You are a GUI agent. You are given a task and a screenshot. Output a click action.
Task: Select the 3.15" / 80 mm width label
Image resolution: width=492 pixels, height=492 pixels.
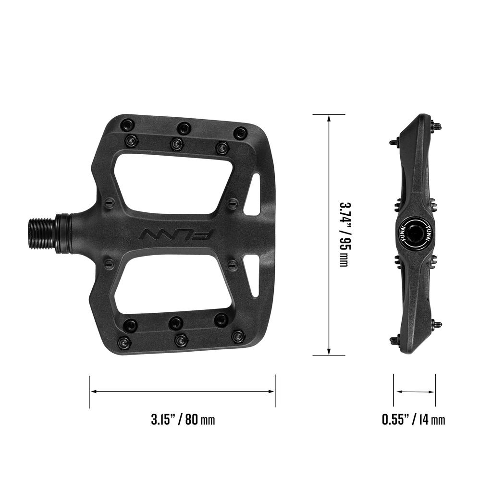183,419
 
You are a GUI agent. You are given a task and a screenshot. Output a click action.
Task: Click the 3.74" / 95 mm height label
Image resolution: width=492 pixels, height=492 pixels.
344,234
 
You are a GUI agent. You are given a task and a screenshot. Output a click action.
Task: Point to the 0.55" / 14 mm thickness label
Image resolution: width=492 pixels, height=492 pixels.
414,419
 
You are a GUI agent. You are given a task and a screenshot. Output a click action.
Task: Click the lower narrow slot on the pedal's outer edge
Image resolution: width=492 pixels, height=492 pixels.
253,274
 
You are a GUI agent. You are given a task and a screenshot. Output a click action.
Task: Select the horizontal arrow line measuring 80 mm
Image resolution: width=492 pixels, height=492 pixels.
183,392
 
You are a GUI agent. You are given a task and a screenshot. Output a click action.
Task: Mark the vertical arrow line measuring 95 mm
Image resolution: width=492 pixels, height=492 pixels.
329,234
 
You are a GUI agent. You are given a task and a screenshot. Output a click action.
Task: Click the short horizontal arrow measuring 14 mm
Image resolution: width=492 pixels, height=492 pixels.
414,392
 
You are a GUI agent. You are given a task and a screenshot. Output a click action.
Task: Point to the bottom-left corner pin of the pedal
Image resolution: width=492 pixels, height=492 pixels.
124,343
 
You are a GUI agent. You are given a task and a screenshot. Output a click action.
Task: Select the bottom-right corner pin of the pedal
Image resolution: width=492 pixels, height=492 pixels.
238,336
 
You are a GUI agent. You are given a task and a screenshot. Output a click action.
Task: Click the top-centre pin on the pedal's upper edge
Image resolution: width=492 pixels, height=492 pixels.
183,128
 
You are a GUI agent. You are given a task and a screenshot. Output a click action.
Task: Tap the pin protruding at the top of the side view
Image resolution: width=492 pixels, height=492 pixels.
437,126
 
